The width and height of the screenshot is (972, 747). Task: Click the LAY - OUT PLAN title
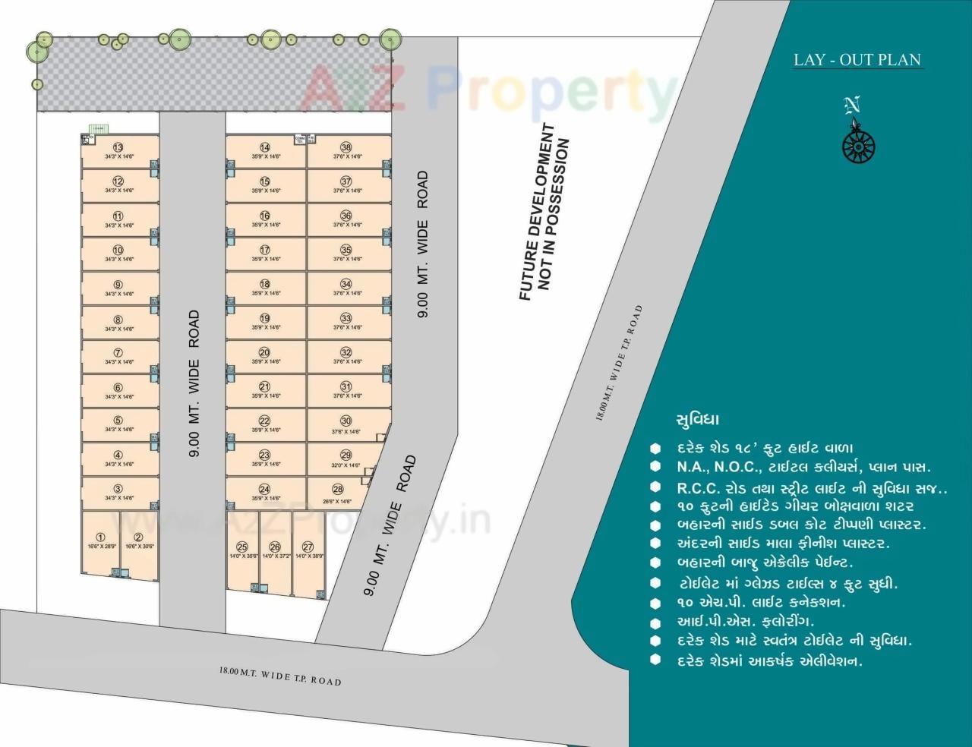click(x=857, y=60)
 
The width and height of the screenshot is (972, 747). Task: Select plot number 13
click(x=118, y=151)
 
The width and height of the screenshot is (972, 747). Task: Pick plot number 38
click(x=346, y=151)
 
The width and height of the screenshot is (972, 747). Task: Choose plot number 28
click(x=337, y=494)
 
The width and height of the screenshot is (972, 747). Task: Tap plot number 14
click(x=265, y=151)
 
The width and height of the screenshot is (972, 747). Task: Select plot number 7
click(x=118, y=357)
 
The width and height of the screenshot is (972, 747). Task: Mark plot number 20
click(x=265, y=357)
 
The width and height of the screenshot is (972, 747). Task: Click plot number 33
click(x=346, y=323)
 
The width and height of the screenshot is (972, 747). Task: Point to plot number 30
click(x=346, y=425)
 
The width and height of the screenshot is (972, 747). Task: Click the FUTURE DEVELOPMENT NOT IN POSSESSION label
click(x=544, y=213)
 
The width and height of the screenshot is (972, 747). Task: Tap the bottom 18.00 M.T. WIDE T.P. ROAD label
click(x=280, y=676)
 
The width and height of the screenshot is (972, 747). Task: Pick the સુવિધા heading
click(x=696, y=420)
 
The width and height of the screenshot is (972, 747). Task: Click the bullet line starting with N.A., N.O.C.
click(x=803, y=468)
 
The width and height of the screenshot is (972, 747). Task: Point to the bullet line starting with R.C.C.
click(x=811, y=487)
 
